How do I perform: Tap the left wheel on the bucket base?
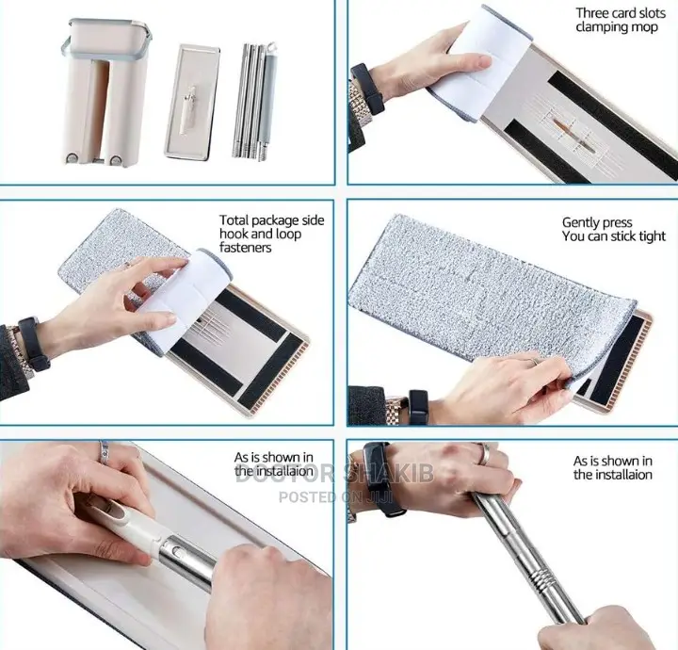point(73,159)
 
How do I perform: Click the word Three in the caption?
point(593,12)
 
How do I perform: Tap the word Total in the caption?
point(234,219)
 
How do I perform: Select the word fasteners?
point(245,248)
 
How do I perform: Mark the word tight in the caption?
point(651,236)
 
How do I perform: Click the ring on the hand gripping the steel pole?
point(484,454)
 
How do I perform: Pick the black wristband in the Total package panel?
point(31,344)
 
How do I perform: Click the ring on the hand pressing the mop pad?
point(535,360)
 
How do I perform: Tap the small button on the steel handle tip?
point(176,551)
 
